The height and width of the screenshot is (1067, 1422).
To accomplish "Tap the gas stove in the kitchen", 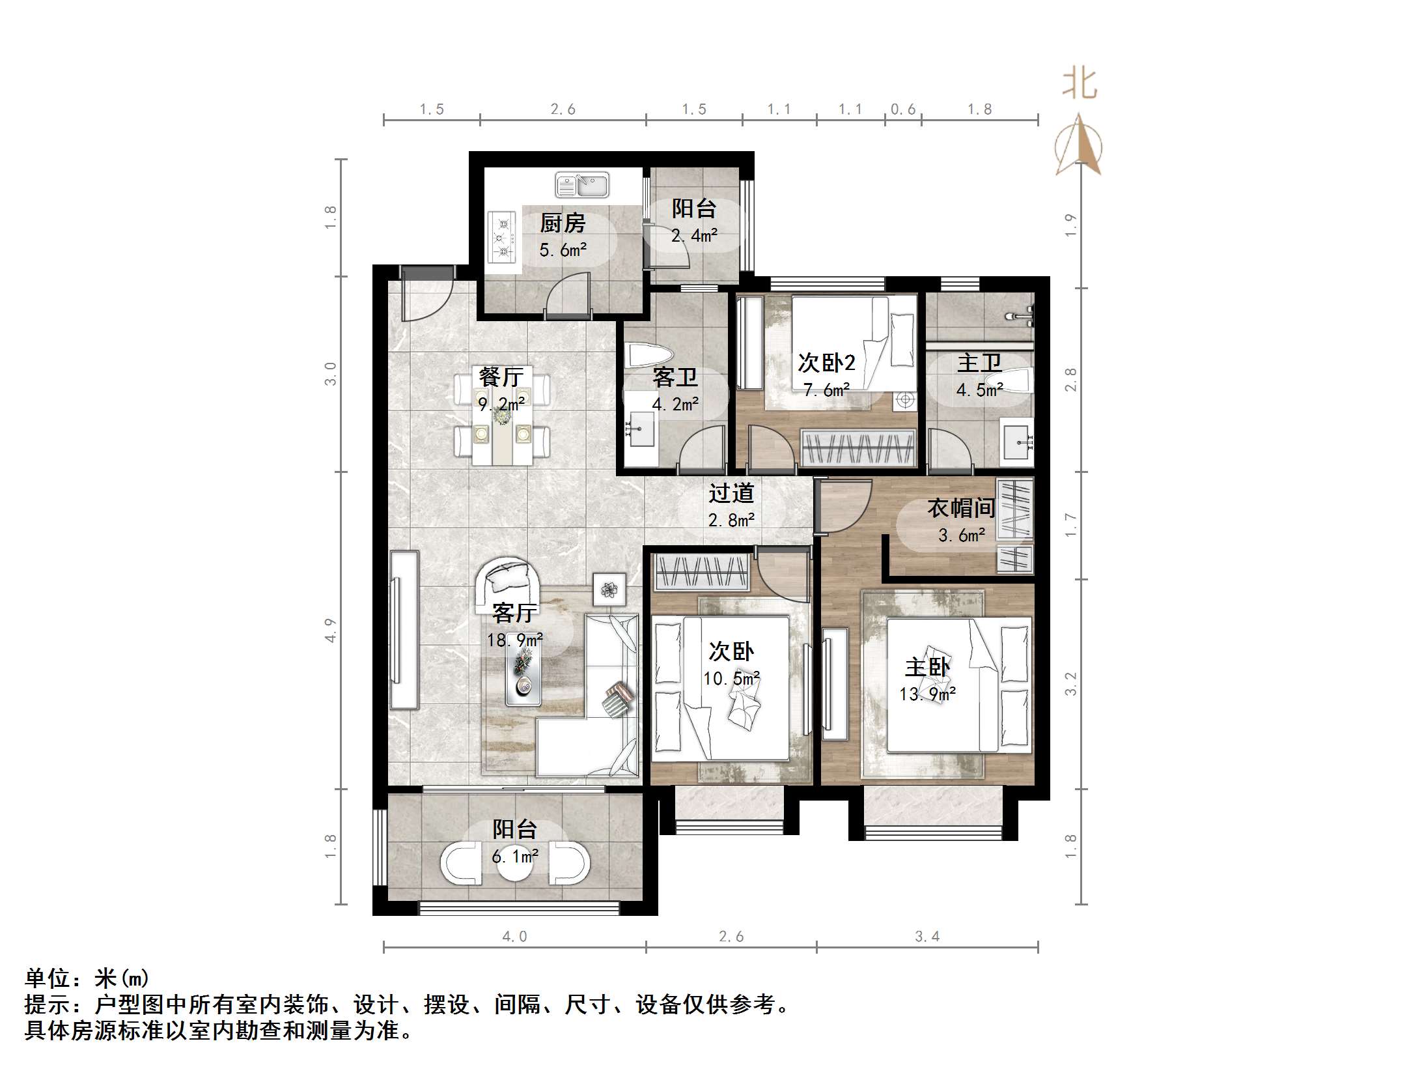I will click(x=503, y=237).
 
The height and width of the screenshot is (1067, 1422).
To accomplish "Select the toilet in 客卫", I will click(x=648, y=356).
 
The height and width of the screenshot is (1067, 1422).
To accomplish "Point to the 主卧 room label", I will click(x=927, y=667).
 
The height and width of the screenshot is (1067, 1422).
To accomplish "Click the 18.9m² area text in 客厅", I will click(x=514, y=640).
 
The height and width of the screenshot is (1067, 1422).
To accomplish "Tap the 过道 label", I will click(x=731, y=493).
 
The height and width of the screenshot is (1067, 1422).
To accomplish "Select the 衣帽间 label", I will click(x=961, y=508).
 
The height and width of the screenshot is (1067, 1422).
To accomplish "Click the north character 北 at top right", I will click(x=1080, y=85).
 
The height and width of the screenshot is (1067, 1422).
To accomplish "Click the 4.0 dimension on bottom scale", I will click(x=514, y=937).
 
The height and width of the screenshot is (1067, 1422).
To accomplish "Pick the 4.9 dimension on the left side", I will click(x=331, y=630).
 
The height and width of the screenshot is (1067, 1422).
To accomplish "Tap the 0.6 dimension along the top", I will click(x=903, y=109).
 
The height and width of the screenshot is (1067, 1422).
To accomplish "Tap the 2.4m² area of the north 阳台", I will click(x=694, y=235).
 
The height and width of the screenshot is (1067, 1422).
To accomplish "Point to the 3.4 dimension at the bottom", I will click(x=927, y=937).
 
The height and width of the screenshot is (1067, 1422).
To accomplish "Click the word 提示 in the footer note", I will click(x=47, y=1004).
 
